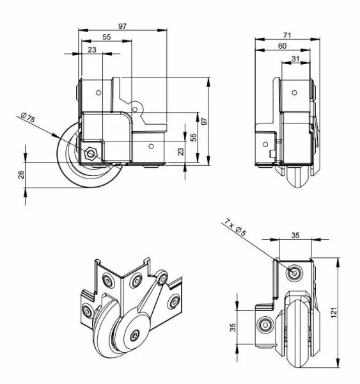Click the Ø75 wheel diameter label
[30, 120]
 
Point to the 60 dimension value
[281, 46]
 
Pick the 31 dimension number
[295, 59]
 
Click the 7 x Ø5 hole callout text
[236, 228]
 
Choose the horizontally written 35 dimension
[295, 236]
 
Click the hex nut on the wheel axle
[90, 152]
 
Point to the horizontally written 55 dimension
[106, 38]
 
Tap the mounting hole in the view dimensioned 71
[297, 92]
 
